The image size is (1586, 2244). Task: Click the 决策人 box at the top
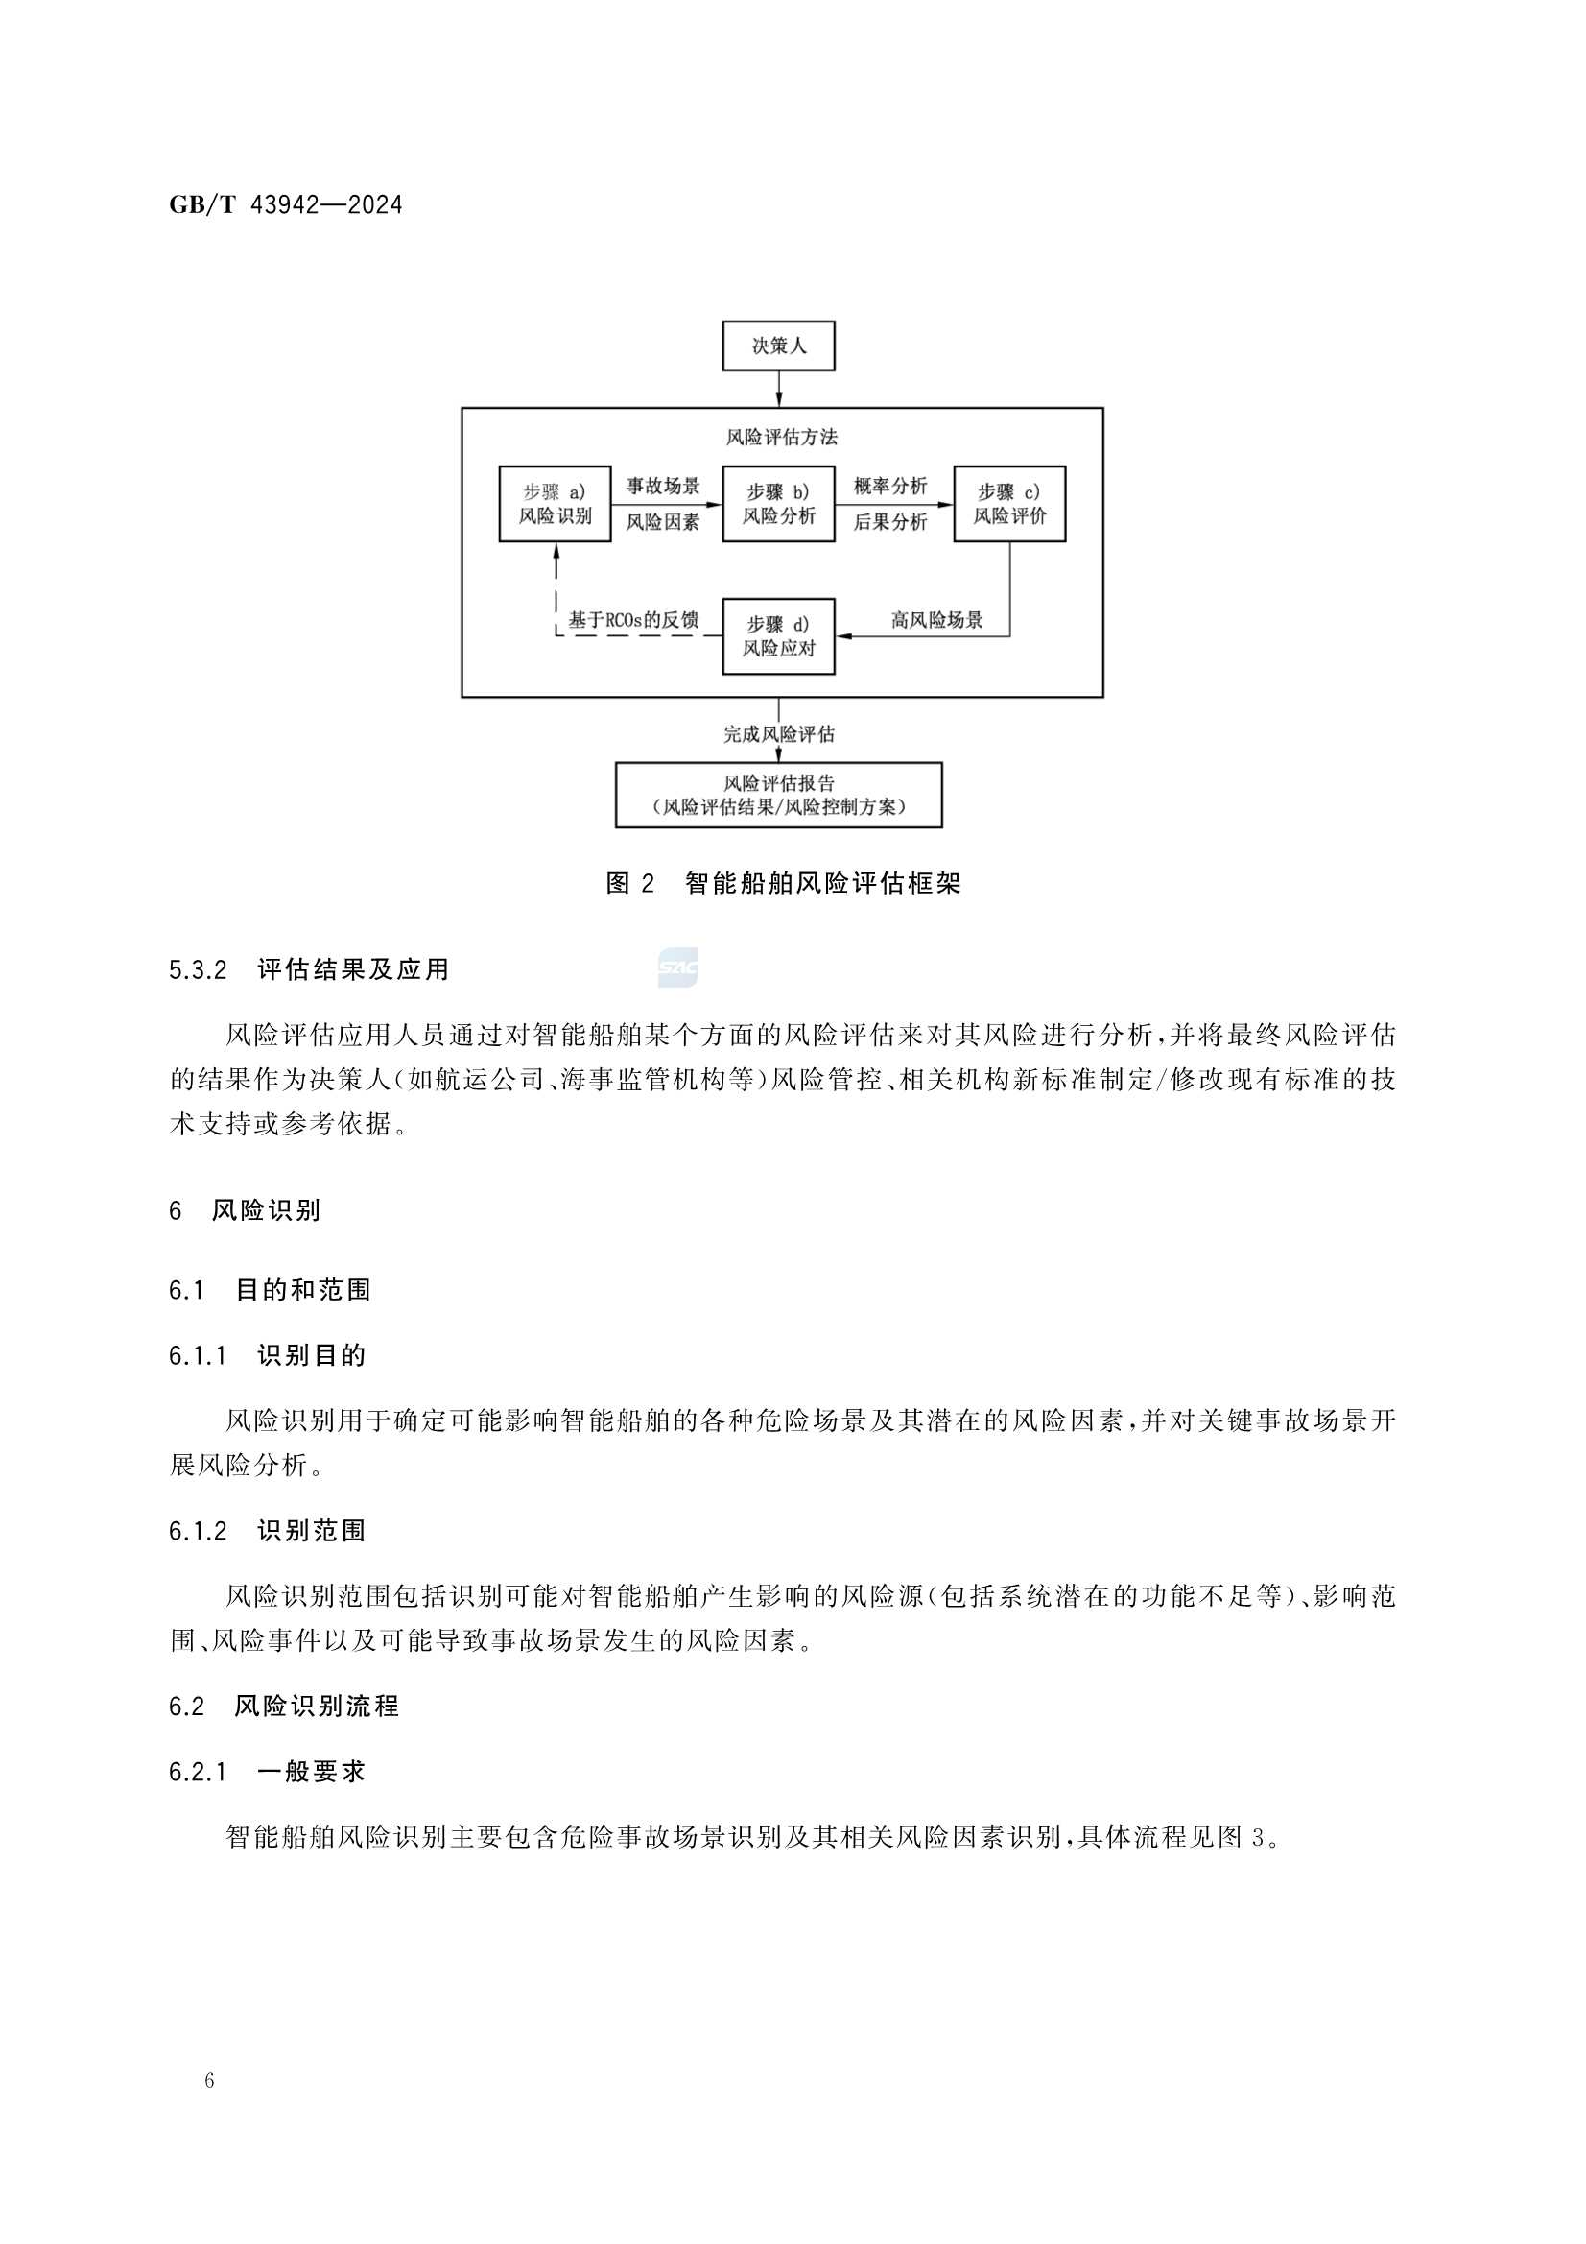coord(778,346)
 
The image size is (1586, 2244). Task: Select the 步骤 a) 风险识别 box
coord(554,504)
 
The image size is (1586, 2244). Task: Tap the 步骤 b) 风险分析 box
coord(778,504)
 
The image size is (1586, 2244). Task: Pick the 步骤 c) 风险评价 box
coord(1008,504)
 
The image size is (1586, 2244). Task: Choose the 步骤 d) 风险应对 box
coord(778,636)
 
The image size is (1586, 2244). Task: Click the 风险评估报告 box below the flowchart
coord(778,795)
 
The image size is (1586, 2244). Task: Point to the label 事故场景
coord(663,487)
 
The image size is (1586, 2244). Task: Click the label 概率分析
coord(889,487)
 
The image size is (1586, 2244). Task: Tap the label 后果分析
coord(889,522)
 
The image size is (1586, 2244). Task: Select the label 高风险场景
coord(936,620)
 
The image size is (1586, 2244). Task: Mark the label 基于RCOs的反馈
coord(633,620)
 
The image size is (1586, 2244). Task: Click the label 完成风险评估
coord(778,734)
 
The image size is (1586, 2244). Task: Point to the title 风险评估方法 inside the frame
coord(782,437)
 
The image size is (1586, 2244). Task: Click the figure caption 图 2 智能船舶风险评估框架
coord(783,884)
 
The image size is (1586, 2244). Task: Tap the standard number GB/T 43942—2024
coord(285,205)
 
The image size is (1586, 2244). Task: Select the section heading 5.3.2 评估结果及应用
coord(309,969)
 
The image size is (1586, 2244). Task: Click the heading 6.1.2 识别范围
coord(267,1531)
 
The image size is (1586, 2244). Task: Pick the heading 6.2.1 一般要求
coord(267,1771)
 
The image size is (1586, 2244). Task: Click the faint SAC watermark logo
coord(678,967)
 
